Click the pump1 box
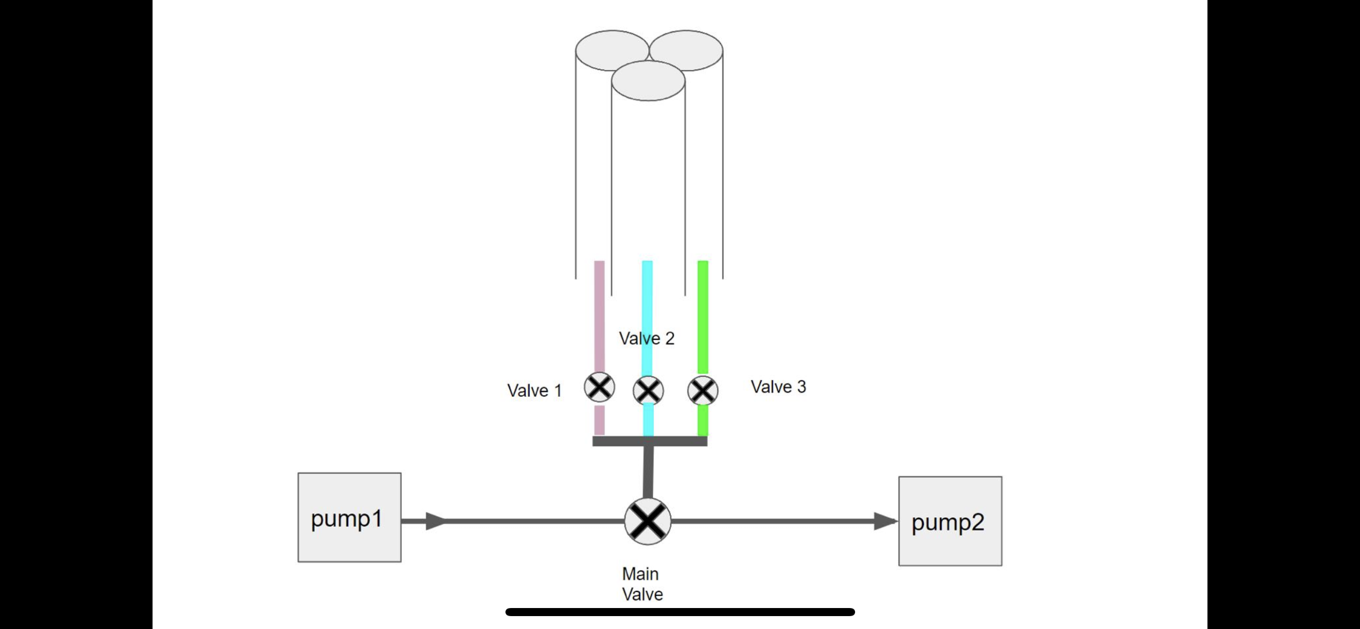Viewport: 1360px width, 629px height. click(349, 517)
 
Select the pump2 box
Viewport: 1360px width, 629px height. click(950, 521)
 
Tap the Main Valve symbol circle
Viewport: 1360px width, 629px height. click(648, 521)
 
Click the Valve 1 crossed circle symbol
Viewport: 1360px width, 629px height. click(599, 387)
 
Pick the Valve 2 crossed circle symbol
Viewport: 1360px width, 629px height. click(648, 390)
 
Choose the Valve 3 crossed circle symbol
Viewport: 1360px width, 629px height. click(703, 390)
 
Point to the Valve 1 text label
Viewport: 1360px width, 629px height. click(534, 390)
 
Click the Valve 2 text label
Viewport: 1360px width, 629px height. click(647, 338)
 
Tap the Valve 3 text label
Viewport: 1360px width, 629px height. click(778, 387)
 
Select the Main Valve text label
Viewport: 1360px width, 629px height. click(642, 584)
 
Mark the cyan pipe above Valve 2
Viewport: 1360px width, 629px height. click(648, 301)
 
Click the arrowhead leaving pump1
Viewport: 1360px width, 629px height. click(436, 521)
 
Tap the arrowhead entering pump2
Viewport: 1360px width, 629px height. click(885, 521)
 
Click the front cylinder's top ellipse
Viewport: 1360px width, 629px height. click(648, 81)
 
